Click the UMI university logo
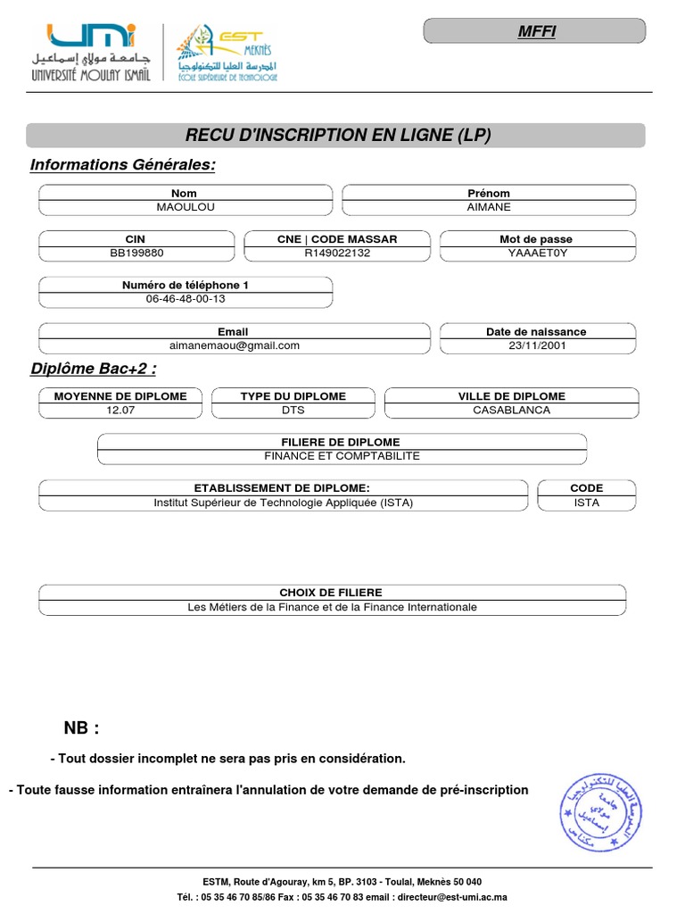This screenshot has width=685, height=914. click(x=93, y=52)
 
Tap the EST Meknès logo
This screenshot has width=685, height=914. click(x=227, y=53)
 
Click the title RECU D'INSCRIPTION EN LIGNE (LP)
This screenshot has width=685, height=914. click(x=337, y=136)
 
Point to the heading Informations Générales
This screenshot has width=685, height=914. click(x=123, y=165)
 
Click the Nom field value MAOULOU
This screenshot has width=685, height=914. click(x=186, y=207)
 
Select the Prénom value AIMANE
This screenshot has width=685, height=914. click(x=489, y=207)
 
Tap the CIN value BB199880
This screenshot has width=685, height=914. click(x=136, y=253)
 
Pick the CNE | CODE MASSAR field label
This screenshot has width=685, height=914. click(x=337, y=239)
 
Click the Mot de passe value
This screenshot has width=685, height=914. click(x=537, y=253)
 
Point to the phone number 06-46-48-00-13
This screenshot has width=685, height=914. click(x=186, y=299)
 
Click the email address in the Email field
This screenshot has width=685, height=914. click(x=235, y=345)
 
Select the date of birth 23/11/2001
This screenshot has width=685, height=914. click(x=537, y=345)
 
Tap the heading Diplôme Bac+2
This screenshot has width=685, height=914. click(x=94, y=370)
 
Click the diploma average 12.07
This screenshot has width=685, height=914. click(x=120, y=410)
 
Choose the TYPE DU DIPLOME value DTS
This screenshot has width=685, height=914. click(x=293, y=410)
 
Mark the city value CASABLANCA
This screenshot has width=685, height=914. click(x=511, y=410)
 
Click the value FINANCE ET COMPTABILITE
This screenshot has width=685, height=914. click(x=342, y=456)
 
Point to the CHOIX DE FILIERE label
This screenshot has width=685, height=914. click(x=331, y=593)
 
